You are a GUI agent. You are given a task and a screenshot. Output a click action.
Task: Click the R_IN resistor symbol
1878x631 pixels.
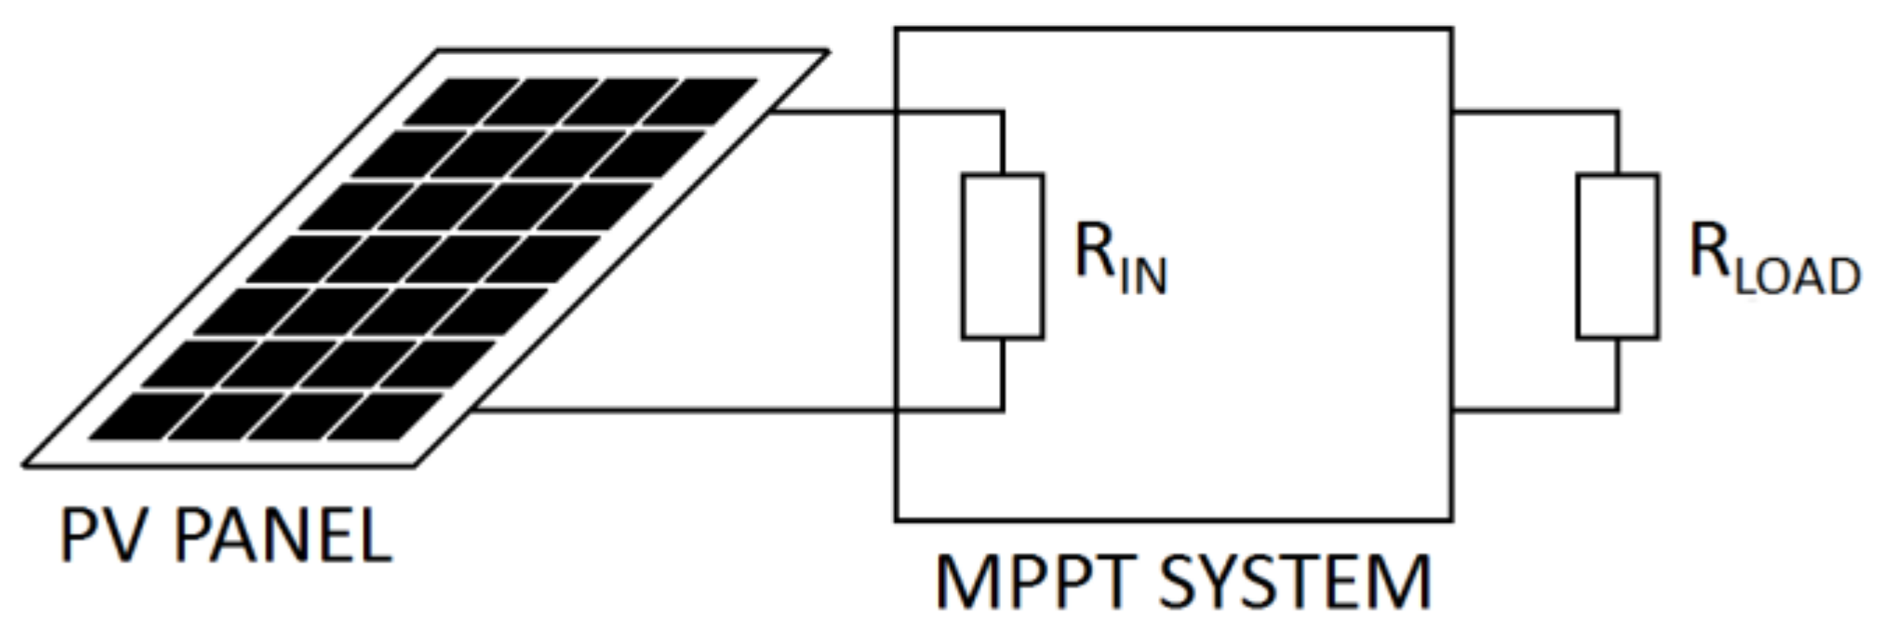pos(1002,256)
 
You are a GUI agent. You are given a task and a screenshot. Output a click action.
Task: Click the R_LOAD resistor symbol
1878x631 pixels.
pos(1617,256)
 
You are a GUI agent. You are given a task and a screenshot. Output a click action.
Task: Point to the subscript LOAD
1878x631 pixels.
pos(1797,276)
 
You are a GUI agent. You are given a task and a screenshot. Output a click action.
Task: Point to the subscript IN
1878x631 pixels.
pos(1143,276)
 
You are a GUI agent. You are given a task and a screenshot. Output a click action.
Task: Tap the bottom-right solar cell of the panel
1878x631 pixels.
pos(383,416)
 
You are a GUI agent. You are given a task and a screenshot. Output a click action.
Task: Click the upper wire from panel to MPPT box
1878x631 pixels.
pos(837,113)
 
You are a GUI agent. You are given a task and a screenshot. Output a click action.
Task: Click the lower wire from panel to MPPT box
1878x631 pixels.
pos(688,409)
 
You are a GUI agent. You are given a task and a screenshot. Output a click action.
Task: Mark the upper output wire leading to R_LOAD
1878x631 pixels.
pos(1535,113)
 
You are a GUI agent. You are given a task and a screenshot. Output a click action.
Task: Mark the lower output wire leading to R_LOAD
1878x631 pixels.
pos(1535,409)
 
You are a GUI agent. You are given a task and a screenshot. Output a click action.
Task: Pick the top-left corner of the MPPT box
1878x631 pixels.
pos(897,30)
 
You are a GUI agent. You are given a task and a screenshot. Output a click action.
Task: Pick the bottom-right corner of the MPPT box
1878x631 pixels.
pos(1451,519)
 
